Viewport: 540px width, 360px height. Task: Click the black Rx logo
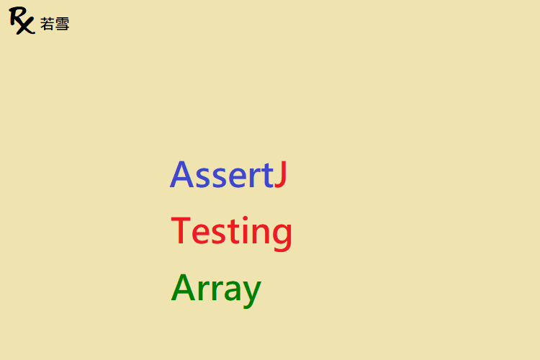click(x=22, y=21)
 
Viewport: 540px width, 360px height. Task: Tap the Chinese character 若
click(x=47, y=24)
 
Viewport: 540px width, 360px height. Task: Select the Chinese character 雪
click(x=62, y=24)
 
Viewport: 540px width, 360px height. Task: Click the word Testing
click(x=231, y=233)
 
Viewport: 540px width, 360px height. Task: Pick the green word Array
click(x=216, y=290)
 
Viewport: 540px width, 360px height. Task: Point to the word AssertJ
click(x=228, y=174)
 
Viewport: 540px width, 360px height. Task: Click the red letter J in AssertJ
click(x=281, y=174)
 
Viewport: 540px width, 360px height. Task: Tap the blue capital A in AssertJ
click(x=182, y=174)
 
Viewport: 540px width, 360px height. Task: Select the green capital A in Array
click(x=183, y=287)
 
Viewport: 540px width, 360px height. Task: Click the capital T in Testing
click(x=181, y=230)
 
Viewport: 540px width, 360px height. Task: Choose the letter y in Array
click(x=252, y=294)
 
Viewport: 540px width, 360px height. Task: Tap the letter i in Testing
click(x=245, y=230)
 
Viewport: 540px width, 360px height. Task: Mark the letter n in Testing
click(x=261, y=234)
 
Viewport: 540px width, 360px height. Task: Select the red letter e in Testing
click(x=201, y=234)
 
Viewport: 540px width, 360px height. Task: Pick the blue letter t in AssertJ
click(x=268, y=176)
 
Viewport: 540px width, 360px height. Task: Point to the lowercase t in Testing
click(x=234, y=232)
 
